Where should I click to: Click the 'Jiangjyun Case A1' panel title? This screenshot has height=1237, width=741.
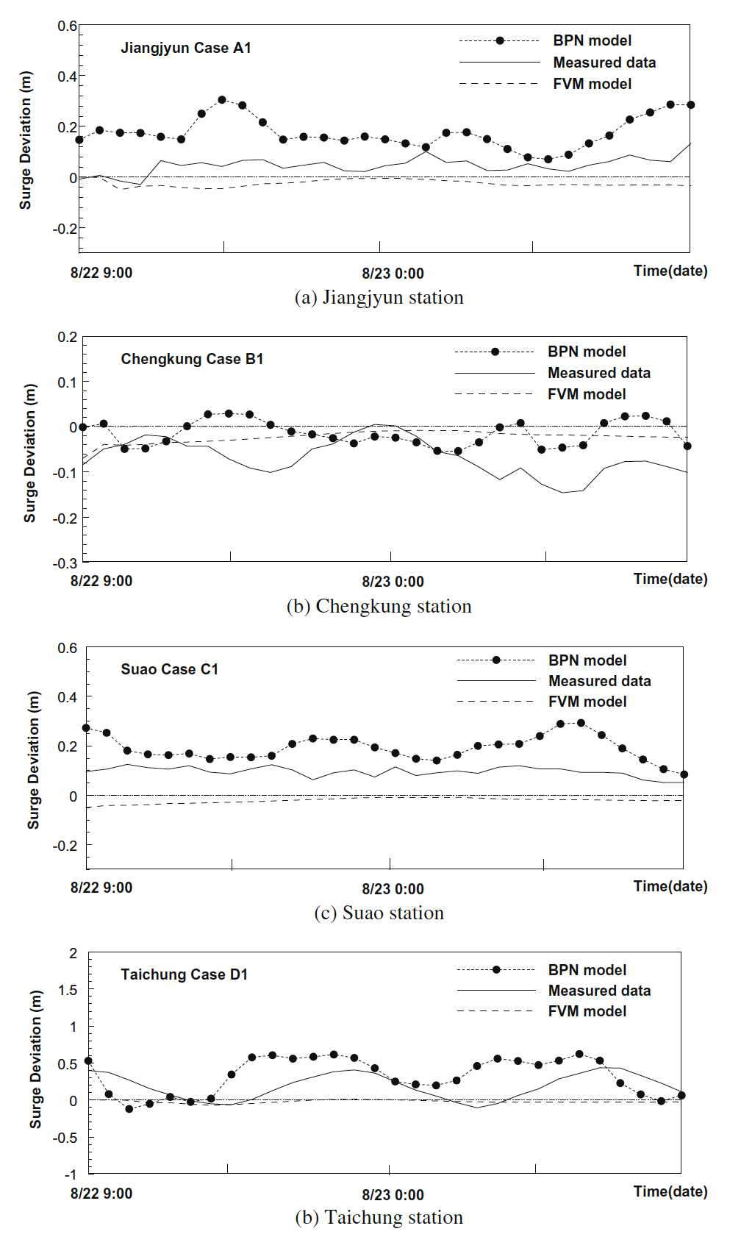coord(186,48)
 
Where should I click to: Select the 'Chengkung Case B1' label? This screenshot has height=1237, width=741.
coord(192,359)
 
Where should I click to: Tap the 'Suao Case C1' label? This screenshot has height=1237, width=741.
coord(170,669)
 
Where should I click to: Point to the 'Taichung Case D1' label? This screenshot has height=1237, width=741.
coord(185,974)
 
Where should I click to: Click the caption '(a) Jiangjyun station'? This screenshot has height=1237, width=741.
coord(379,297)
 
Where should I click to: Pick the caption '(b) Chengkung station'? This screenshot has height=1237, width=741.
coord(379,606)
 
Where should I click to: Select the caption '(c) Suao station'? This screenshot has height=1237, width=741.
coord(379,912)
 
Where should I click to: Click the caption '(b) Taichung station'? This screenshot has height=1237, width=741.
coord(379,1217)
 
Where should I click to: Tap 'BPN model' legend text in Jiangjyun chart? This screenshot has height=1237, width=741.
coord(592,40)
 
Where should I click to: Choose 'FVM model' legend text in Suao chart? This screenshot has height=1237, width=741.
coord(587,702)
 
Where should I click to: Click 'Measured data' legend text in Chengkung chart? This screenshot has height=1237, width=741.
coord(599,373)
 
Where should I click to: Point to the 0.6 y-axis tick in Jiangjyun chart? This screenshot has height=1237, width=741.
coord(68,26)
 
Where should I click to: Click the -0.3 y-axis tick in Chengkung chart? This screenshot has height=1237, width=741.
coord(66,563)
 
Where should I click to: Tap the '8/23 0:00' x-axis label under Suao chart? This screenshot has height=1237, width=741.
coord(393,889)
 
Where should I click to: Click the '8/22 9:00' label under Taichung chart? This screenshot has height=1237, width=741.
coord(101,1194)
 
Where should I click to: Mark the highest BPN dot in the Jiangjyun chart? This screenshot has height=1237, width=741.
coord(222,100)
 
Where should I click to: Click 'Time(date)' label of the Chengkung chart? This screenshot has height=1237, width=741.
coord(670,579)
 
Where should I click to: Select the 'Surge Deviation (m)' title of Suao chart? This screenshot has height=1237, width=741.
coord(34,759)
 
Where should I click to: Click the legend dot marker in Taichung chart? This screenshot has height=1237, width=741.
coord(496,970)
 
